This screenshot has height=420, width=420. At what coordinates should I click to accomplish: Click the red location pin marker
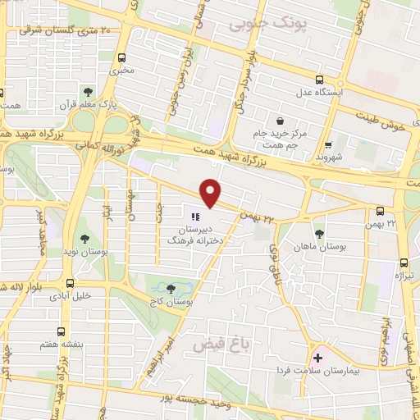coord(212,192)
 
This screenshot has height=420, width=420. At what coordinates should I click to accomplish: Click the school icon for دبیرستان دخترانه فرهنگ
coord(195,217)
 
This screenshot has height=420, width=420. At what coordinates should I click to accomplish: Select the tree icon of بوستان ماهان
coord(319,234)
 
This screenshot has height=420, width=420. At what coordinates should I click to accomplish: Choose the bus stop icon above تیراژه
coord(403,263)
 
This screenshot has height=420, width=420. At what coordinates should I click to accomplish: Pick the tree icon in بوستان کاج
coord(170,289)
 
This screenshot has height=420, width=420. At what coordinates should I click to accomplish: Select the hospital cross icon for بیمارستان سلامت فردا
coord(317,358)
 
